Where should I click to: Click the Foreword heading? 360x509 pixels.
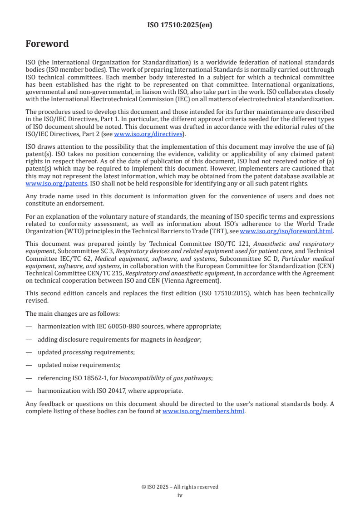47,44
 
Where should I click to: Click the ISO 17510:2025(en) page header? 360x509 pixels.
180,25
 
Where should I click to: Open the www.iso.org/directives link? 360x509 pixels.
148,134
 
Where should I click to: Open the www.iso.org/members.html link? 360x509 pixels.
203,411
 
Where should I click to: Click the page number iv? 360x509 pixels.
180,495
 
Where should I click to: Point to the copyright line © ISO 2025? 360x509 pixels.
180,487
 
